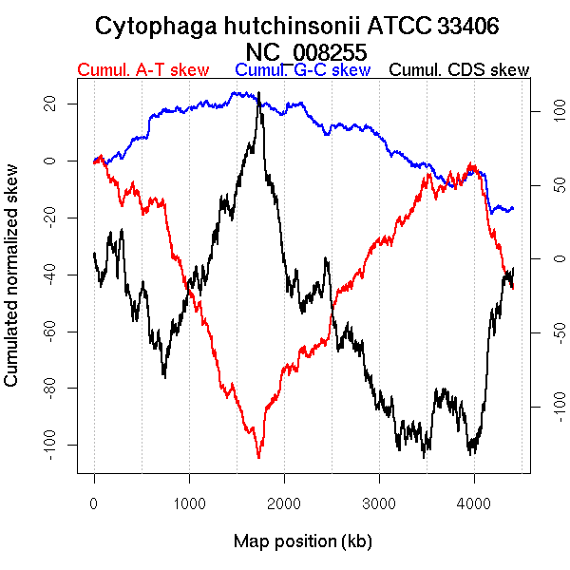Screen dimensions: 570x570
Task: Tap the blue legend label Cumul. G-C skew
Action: click(x=302, y=70)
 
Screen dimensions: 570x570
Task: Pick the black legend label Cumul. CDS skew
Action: click(x=460, y=70)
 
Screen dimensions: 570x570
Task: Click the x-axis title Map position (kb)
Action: click(x=302, y=541)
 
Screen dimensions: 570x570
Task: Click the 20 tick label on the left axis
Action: click(x=50, y=104)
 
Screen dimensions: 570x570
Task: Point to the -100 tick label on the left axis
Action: click(x=50, y=445)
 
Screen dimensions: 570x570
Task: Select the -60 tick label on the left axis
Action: click(x=50, y=332)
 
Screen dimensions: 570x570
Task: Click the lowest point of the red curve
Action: click(x=258, y=458)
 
